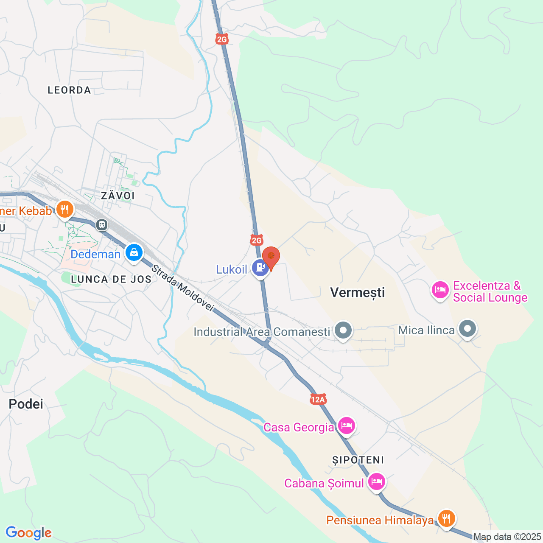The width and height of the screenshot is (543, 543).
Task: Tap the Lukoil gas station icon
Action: pos(260,268)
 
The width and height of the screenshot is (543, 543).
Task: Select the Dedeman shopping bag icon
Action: pos(134,252)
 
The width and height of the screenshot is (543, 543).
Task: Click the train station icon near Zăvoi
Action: pos(101,224)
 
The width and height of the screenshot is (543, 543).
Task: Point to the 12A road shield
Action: pos(318,399)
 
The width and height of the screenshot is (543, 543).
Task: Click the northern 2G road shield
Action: pos(222,39)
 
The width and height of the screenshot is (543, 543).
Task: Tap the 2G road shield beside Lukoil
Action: pos(257,241)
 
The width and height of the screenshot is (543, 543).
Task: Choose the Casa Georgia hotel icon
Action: pos(347,425)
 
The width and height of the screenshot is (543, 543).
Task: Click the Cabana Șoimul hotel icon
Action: pos(376,481)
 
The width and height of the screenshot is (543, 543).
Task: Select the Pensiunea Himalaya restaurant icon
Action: pos(446,518)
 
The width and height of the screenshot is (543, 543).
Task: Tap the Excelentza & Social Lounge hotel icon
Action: pos(440,290)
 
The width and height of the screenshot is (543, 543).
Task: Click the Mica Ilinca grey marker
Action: pos(467,329)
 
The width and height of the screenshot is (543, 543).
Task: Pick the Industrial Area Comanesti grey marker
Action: pos(343,330)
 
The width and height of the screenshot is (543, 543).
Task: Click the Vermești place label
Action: pos(358,292)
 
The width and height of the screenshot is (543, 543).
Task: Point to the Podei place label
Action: pos(26,404)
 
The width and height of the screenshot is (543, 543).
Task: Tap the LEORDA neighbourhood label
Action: pos(69,90)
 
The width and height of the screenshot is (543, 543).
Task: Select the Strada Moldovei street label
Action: pos(182,288)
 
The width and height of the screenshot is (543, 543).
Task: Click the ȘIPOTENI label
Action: pos(358,460)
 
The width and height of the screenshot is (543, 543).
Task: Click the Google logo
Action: pos(28,533)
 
